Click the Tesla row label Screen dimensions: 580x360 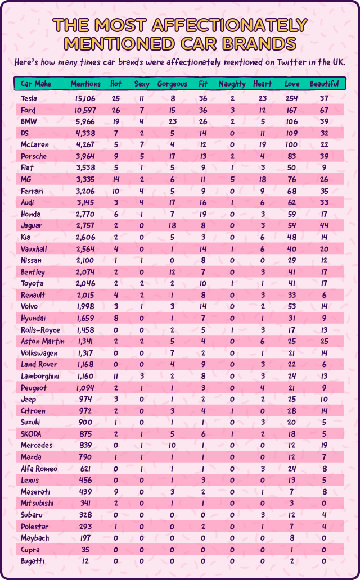coord(29,99)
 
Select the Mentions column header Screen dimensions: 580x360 coord(85,84)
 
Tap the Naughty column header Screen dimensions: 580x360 coord(232,84)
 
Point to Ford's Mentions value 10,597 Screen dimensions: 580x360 coord(85,110)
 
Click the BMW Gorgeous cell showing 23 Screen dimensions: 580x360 coord(172,122)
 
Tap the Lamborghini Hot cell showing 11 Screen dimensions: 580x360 coord(116,375)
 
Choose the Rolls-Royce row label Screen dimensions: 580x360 coord(41,329)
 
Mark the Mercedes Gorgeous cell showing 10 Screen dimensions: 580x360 coord(172,445)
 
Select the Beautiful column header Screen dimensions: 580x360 coord(324,84)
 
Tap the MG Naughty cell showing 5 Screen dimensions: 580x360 coord(232,179)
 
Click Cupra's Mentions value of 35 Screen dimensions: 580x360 coord(85,549)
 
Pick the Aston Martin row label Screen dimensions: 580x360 coord(42,341)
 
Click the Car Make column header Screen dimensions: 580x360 coord(36,84)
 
